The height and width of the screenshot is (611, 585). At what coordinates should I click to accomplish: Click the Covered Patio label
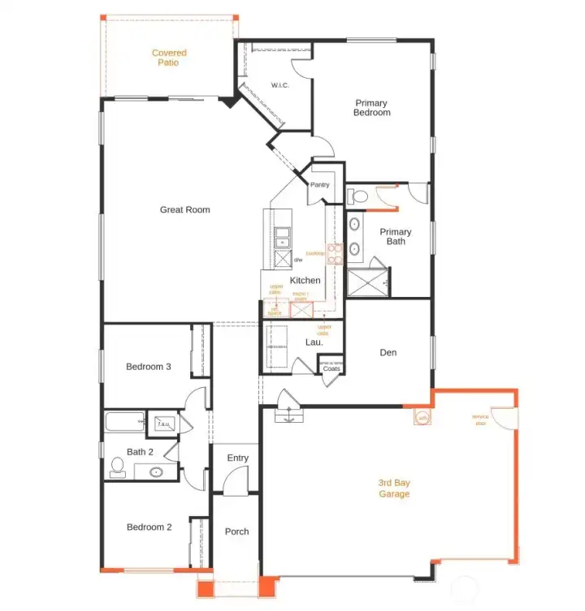coord(169,58)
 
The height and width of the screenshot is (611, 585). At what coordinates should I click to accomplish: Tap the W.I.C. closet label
coord(279,85)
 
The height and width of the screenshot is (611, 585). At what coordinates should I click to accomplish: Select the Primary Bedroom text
coord(371,108)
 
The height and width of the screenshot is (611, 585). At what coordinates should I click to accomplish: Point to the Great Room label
coord(184,210)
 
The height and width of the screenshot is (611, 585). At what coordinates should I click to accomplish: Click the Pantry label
coord(319,185)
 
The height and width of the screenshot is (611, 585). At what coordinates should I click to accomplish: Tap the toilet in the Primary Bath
coord(358,196)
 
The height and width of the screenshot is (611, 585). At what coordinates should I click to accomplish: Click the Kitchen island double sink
coord(282,237)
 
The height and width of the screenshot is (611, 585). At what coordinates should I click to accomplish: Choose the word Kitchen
coord(305,280)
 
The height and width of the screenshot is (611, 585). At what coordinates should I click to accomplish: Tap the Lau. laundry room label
coord(314,342)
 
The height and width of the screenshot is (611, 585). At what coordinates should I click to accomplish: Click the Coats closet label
coord(331,369)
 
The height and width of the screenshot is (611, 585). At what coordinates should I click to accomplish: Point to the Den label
coord(388,353)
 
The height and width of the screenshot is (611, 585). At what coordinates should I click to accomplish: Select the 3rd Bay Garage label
coord(394,488)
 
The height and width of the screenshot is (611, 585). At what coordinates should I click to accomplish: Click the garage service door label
coord(480,420)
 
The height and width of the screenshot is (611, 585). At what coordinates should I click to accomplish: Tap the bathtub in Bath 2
coord(122,424)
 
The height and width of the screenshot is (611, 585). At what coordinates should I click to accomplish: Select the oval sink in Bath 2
coord(154,471)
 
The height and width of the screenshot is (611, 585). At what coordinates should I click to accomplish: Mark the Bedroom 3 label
coord(148,367)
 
